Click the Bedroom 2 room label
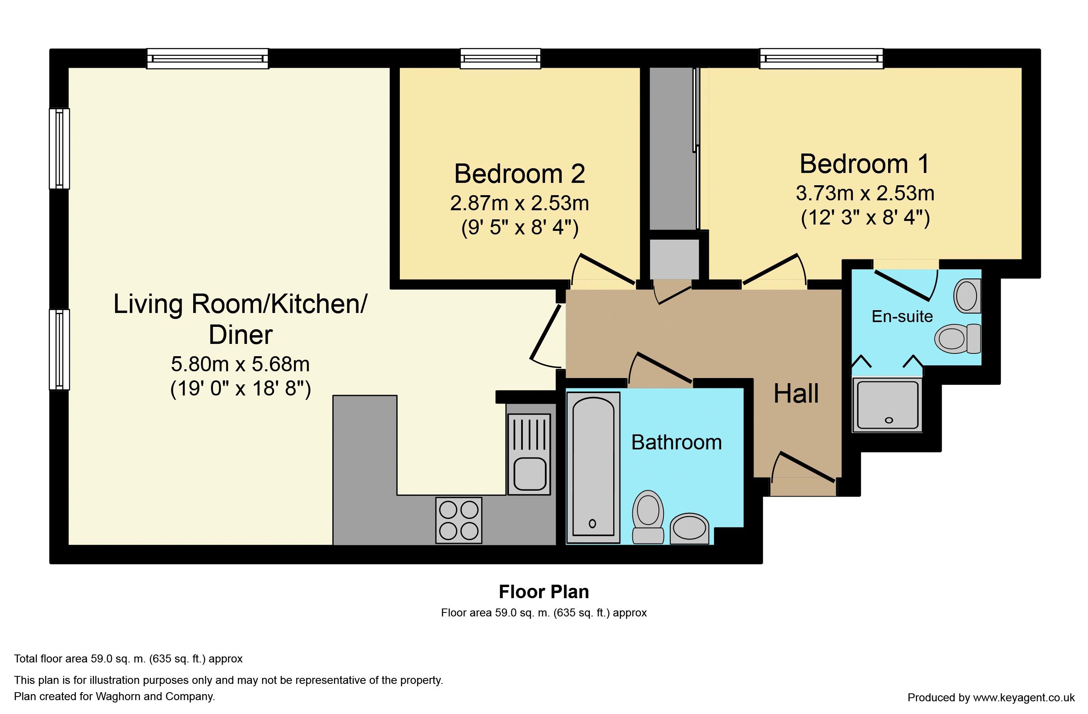click(x=519, y=174)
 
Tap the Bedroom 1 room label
click(x=864, y=164)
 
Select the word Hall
click(x=796, y=393)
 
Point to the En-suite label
click(x=902, y=316)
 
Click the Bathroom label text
click(x=677, y=442)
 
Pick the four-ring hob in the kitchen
click(x=459, y=520)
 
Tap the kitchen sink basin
click(x=530, y=474)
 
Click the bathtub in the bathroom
click(x=593, y=468)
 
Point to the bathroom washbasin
click(x=689, y=528)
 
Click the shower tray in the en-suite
click(x=887, y=405)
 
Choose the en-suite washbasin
click(x=967, y=296)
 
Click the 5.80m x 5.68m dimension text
click(x=240, y=364)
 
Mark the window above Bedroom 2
click(x=501, y=59)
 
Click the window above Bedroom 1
click(x=821, y=59)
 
